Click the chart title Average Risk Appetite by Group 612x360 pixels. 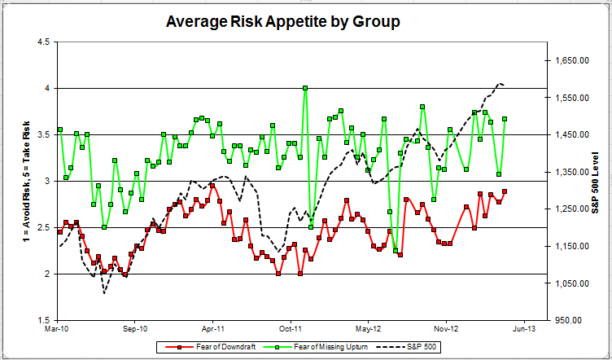click(x=282, y=21)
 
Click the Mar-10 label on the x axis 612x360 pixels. click(x=58, y=331)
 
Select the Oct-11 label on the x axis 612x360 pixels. click(x=291, y=331)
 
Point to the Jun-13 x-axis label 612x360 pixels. click(x=523, y=331)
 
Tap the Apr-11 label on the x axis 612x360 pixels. click(x=213, y=331)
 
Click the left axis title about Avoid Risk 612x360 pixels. click(x=17, y=181)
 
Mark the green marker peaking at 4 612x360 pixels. click(x=305, y=88)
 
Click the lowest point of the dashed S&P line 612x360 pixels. click(x=104, y=292)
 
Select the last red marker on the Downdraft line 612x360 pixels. click(x=505, y=191)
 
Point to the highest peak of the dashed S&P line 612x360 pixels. click(x=498, y=83)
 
